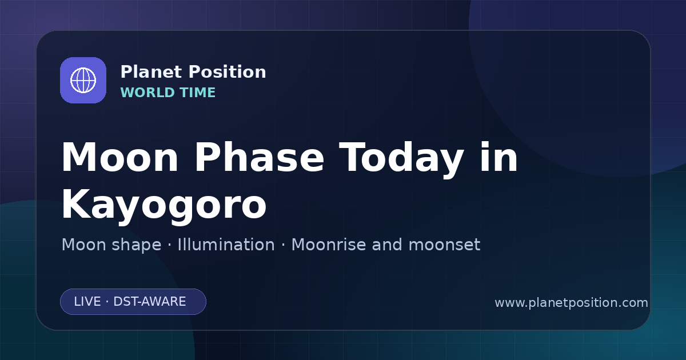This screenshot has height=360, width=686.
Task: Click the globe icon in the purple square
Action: pos(83,80)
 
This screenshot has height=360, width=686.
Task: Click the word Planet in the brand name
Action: pos(151,72)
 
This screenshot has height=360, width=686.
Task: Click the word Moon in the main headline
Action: pos(119,158)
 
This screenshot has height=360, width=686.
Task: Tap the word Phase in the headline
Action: pos(259,157)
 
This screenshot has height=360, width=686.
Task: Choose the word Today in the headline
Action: pos(401,160)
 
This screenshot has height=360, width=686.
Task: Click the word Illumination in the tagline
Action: pos(226,245)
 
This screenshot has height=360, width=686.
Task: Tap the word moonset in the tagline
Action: pos(444,245)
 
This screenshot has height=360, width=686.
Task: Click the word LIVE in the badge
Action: pos(87,302)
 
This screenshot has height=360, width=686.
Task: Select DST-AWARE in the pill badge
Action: pos(150,302)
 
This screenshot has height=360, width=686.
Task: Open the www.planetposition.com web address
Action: pos(571,303)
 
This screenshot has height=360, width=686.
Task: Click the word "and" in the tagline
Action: pos(387,245)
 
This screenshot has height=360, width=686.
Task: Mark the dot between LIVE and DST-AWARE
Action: pos(107,302)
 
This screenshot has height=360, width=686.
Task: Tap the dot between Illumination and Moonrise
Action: pos(284,245)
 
